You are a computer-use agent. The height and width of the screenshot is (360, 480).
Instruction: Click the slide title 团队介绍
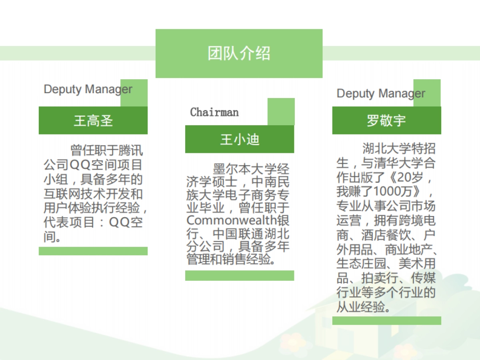coord(239,53)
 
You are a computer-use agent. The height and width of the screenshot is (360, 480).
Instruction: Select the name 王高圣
coord(93,120)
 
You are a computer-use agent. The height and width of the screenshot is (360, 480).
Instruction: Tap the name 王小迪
coord(240,139)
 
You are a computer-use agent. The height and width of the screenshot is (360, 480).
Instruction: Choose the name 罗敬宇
coord(386,120)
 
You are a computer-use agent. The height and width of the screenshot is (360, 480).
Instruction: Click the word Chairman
coord(214,112)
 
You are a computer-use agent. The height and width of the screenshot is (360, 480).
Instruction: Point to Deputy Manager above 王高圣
coord(88,89)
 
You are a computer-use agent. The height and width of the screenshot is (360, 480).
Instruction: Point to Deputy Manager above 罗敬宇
coord(381,94)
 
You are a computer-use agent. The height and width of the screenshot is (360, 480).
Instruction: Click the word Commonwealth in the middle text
coord(232,220)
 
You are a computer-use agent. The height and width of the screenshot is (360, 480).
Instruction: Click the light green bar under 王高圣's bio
coord(93,251)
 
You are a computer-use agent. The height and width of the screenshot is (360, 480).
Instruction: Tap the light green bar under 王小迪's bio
coord(240,276)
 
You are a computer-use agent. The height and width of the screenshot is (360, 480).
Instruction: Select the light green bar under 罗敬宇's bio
coord(386,320)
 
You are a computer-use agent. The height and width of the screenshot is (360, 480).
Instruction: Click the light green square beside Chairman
coord(281,111)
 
